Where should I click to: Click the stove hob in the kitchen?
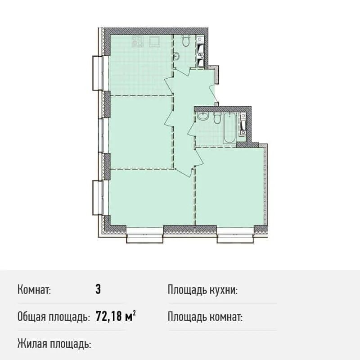(x=138, y=41)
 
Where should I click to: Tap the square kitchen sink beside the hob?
(x=154, y=41)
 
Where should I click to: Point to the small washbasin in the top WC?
(x=176, y=56)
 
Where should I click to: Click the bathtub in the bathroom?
(x=229, y=128)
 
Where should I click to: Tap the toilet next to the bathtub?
(x=216, y=118)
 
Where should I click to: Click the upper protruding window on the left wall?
(x=98, y=73)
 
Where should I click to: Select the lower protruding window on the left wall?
(x=98, y=198)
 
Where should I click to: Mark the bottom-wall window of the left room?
(x=144, y=234)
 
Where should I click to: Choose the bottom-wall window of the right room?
(x=235, y=234)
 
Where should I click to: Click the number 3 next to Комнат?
(x=98, y=289)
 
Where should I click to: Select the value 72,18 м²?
(x=116, y=316)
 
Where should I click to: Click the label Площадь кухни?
(x=202, y=290)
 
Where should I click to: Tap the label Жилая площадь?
(x=54, y=344)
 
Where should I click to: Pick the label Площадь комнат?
(x=205, y=317)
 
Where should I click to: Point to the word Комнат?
(x=34, y=290)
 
